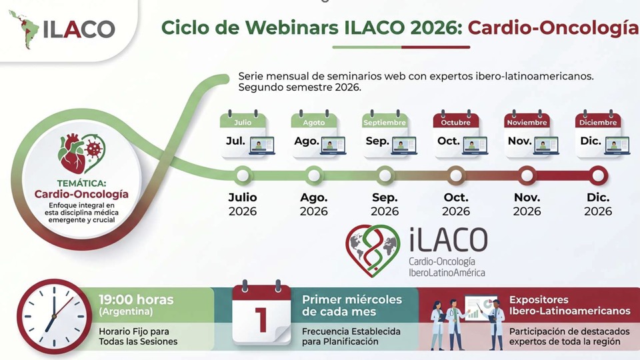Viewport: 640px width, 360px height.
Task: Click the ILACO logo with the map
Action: (x=61, y=29)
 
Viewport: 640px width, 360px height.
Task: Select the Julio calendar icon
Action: (x=246, y=134)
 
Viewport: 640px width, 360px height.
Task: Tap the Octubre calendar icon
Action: (x=459, y=134)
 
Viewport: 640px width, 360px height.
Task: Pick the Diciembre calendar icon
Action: (x=601, y=134)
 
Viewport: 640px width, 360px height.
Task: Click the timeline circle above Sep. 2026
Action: (x=385, y=175)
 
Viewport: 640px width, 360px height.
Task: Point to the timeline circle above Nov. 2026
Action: (x=527, y=175)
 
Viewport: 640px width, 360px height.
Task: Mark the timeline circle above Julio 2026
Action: (x=243, y=175)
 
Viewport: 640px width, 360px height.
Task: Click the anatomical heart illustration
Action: (x=73, y=154)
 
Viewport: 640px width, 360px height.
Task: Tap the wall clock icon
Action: (x=54, y=316)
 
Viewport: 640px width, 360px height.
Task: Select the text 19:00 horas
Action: (x=136, y=299)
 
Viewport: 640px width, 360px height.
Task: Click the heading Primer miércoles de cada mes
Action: (x=352, y=305)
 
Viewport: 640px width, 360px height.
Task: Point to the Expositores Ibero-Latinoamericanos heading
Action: (x=569, y=305)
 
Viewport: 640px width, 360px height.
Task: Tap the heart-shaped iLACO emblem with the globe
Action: (x=373, y=250)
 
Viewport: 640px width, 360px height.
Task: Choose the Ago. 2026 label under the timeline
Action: (x=313, y=204)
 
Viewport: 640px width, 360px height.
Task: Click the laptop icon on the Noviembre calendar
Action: (x=546, y=146)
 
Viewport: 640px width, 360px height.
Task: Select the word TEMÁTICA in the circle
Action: (x=81, y=183)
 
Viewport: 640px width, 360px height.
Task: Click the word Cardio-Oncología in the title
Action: (x=553, y=28)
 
